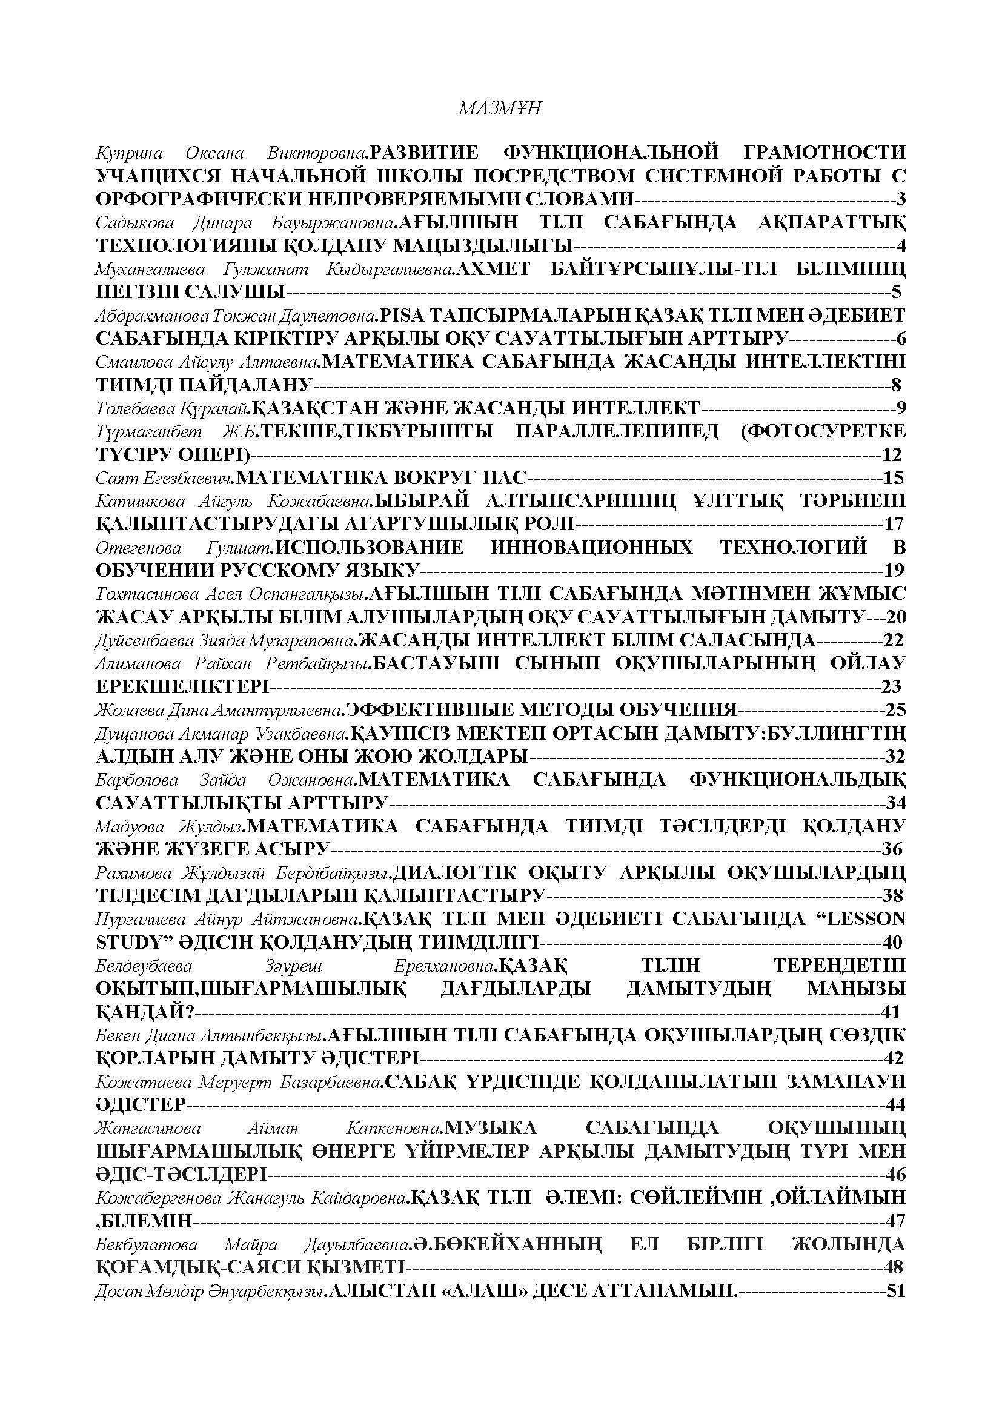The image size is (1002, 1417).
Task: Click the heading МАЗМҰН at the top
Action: click(x=500, y=108)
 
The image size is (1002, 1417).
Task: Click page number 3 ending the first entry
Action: click(x=900, y=199)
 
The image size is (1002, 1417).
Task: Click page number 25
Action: click(x=894, y=709)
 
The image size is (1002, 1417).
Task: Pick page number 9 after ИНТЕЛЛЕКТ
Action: click(x=900, y=407)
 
